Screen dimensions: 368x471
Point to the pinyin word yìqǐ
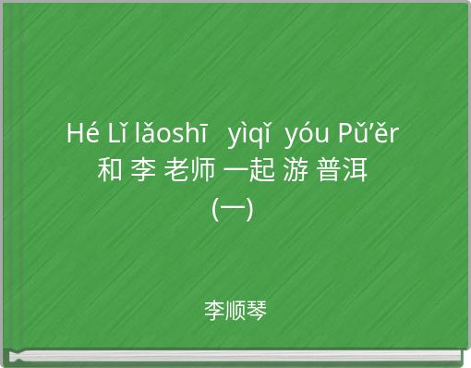pyautogui.click(x=248, y=135)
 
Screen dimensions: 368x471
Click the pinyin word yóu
pyautogui.click(x=307, y=135)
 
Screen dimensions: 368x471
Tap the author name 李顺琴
pyautogui.click(x=235, y=311)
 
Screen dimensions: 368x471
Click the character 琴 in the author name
pyautogui.click(x=257, y=311)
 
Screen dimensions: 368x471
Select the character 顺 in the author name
pyautogui.click(x=235, y=311)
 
